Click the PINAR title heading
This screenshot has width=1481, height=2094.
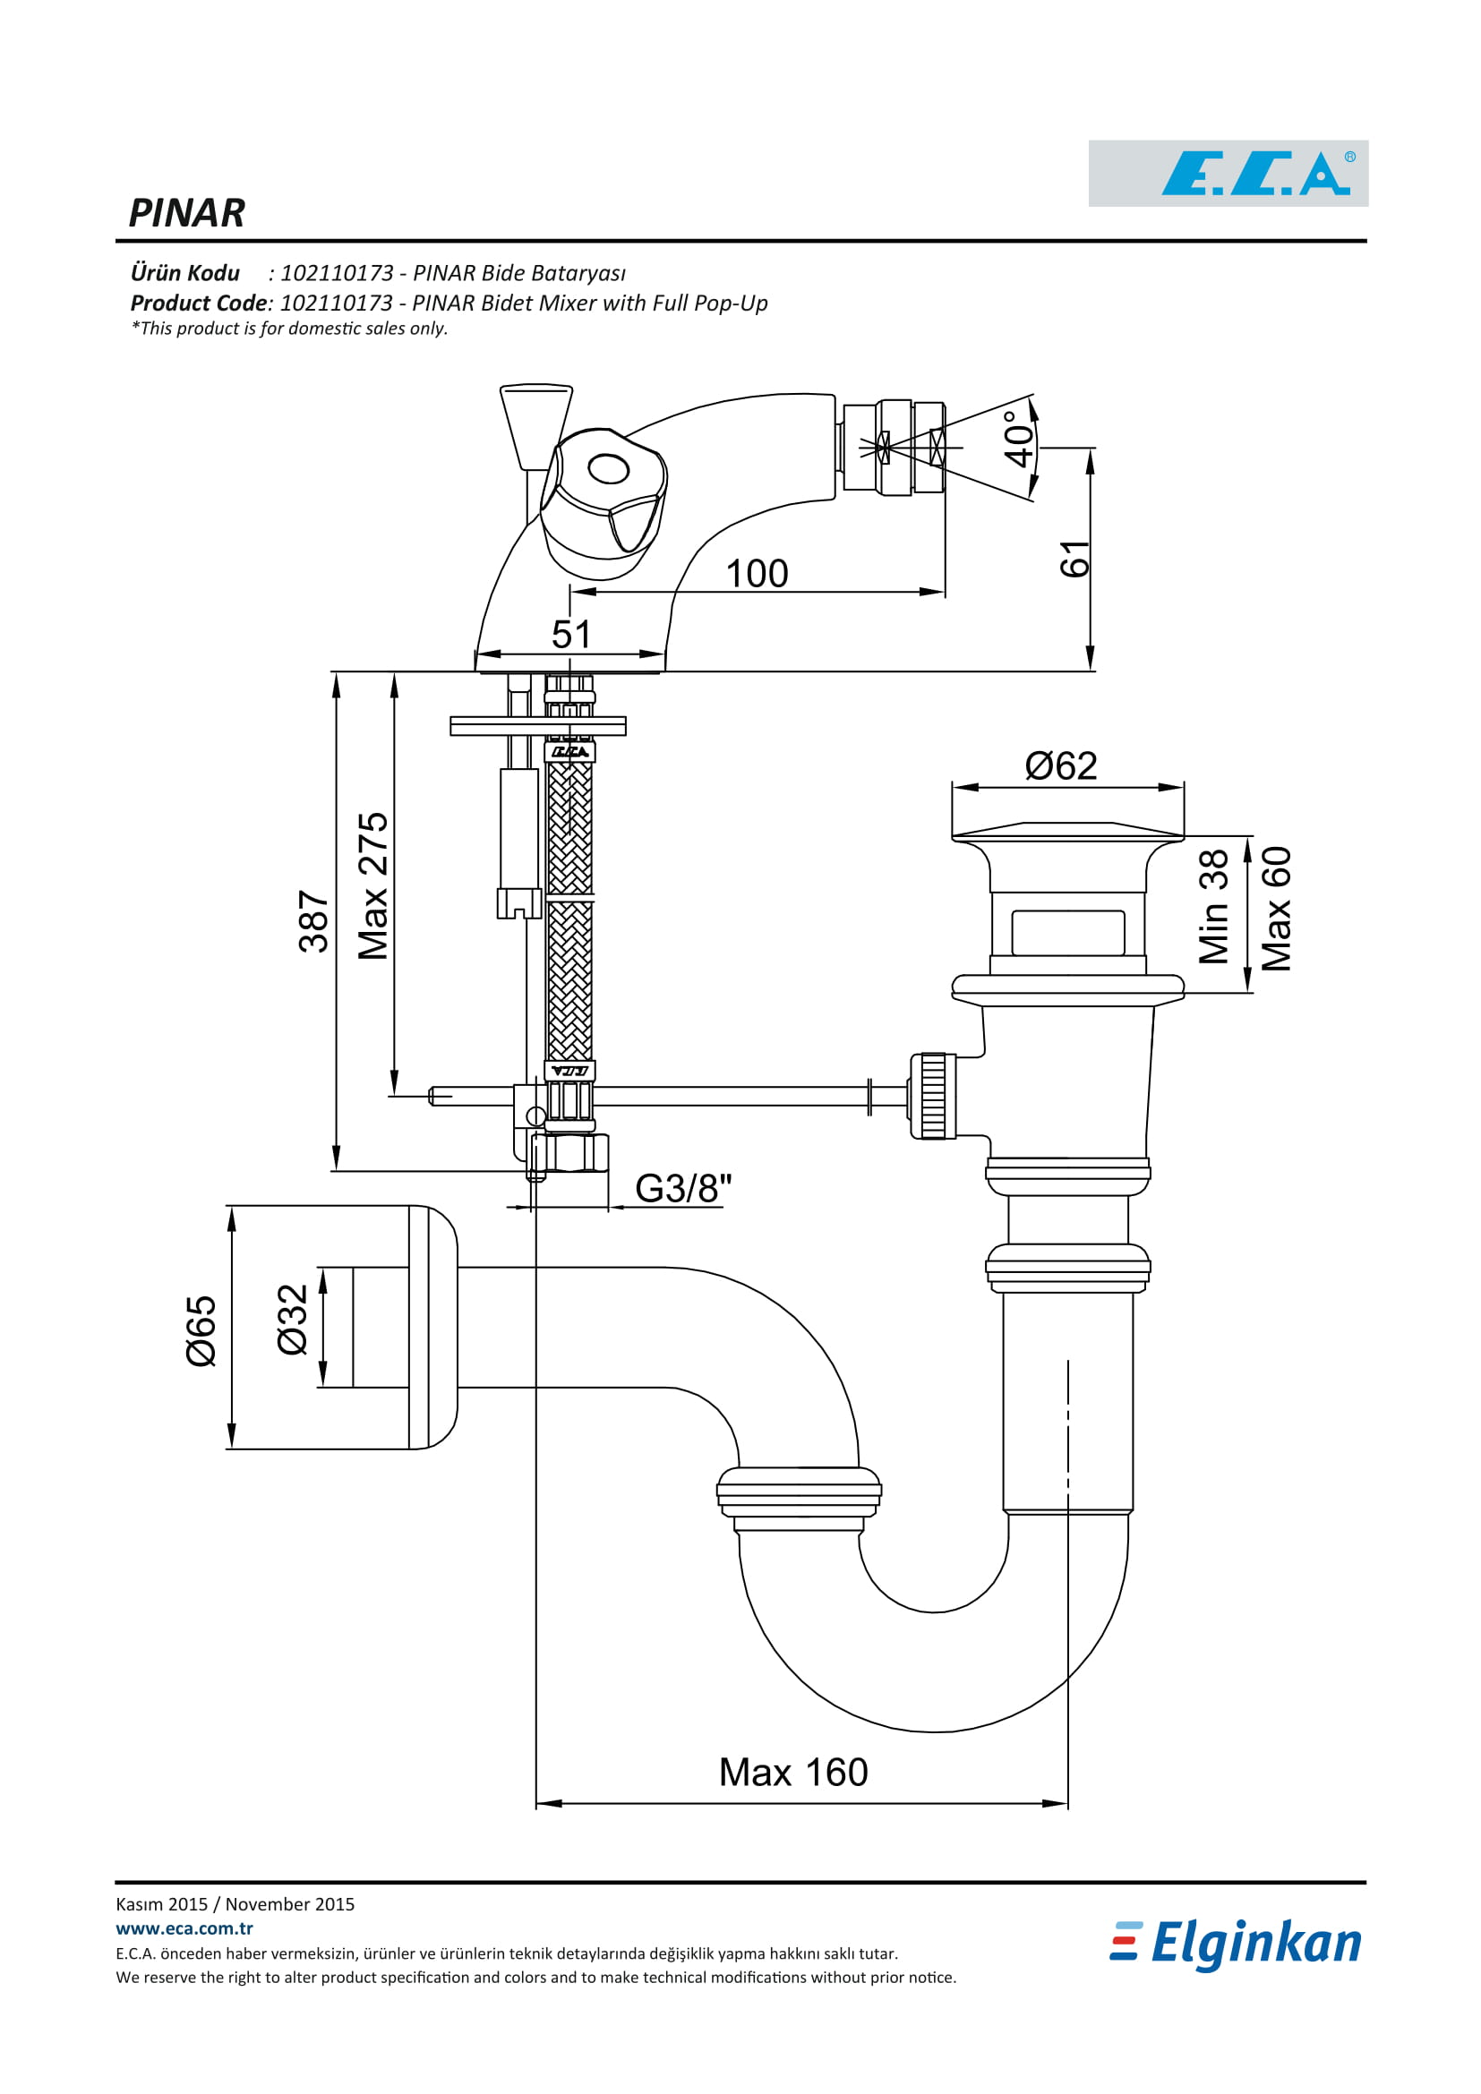click(187, 213)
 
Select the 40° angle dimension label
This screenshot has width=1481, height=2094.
click(1019, 439)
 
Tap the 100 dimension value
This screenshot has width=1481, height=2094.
click(757, 574)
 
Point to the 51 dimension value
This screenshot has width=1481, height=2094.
click(571, 635)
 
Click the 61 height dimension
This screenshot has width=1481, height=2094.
click(1075, 559)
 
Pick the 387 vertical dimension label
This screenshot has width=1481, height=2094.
click(313, 922)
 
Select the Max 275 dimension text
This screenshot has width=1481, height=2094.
click(373, 886)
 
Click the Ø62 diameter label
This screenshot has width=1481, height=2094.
click(1060, 766)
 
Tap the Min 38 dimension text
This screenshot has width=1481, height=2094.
click(1214, 907)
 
